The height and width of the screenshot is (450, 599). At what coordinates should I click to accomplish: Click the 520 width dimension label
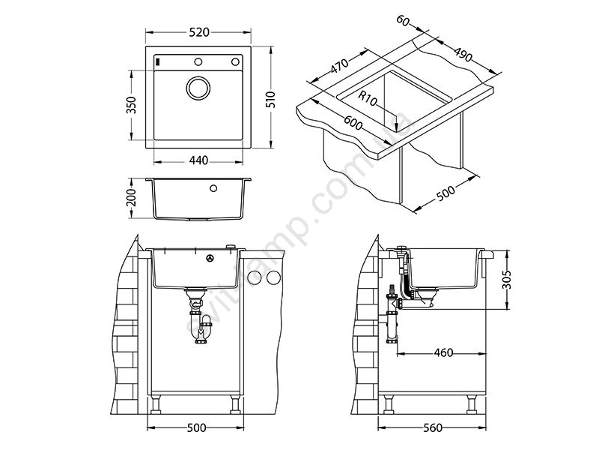pos(198,32)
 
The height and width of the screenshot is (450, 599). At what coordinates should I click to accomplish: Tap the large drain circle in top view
pos(198,88)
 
